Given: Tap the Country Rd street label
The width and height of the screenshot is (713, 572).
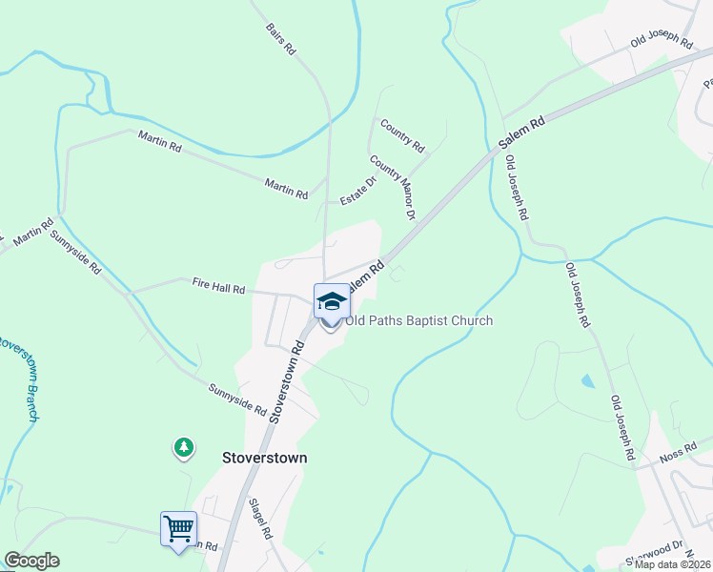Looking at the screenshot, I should click(x=401, y=135).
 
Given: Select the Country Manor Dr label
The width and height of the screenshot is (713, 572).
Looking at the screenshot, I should click(x=394, y=188).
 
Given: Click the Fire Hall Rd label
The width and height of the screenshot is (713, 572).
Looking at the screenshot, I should click(x=218, y=285).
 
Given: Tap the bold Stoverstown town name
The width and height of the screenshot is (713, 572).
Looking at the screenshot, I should click(x=264, y=458).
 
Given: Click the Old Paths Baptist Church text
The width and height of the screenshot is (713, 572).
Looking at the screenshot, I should click(x=419, y=320).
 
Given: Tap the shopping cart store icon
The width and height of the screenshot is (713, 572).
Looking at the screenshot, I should click(x=178, y=527).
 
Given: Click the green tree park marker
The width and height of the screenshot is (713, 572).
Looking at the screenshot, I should click(x=183, y=446).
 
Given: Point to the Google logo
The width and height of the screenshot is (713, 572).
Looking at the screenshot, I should click(x=31, y=561).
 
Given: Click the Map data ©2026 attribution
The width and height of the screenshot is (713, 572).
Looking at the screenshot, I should click(x=673, y=564).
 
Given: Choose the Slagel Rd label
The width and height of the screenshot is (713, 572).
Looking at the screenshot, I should click(x=260, y=520).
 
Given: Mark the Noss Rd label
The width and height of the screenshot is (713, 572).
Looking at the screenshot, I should click(x=677, y=458).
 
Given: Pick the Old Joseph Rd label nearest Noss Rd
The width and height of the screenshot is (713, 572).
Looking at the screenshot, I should click(x=621, y=429).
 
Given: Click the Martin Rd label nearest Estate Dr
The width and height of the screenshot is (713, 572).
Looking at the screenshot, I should click(x=286, y=188).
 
